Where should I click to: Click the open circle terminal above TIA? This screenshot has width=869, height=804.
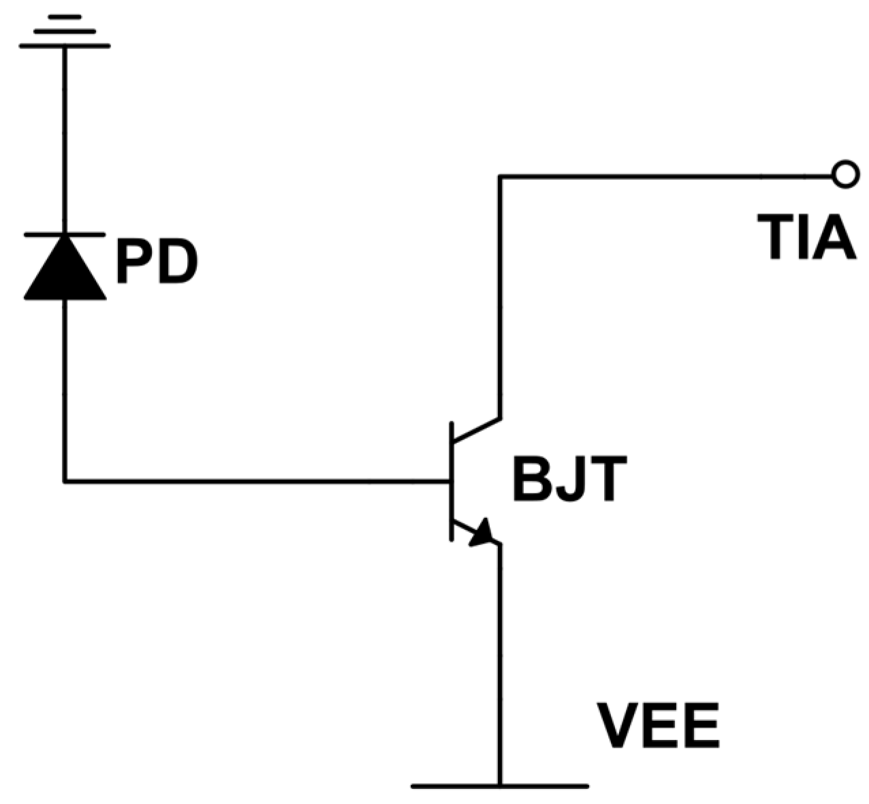point(844,175)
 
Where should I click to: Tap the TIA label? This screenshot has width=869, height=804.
point(808,238)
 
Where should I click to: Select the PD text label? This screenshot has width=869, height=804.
point(157,262)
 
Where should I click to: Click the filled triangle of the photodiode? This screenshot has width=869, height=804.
point(65,270)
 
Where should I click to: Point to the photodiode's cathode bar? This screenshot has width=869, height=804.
point(65,234)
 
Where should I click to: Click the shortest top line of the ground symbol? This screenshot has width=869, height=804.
point(65,16)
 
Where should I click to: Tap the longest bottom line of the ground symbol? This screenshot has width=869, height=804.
point(65,46)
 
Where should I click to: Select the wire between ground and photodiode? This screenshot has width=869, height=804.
point(65,136)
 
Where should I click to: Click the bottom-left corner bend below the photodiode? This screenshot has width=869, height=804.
point(65,481)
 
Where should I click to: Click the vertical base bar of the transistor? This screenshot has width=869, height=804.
point(451,481)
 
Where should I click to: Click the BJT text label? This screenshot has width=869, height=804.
point(569,481)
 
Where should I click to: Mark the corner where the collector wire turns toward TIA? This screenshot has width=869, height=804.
point(500,176)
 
